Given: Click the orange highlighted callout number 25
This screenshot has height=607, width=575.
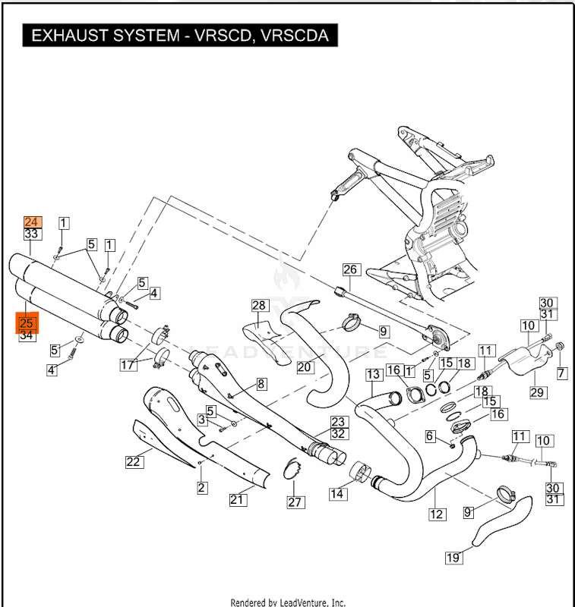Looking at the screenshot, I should [27, 324].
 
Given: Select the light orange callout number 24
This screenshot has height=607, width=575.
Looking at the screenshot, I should [31, 222].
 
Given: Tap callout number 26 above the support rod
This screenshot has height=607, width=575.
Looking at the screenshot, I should [349, 269].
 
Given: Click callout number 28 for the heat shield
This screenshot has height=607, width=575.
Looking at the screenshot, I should [260, 306].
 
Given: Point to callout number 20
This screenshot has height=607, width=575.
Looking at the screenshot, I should [305, 367].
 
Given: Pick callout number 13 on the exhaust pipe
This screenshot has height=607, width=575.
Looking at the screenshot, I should [373, 375].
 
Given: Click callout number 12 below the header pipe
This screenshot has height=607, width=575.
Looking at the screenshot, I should [436, 514].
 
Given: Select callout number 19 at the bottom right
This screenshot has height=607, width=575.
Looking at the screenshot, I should [453, 558].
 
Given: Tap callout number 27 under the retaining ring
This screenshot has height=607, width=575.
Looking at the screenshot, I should [295, 502].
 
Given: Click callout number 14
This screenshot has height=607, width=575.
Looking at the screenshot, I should [336, 494].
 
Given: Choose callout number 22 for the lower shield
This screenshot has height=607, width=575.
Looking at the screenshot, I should [134, 461].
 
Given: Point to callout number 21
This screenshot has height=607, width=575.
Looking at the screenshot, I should [238, 499].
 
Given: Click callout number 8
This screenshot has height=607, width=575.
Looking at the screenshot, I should [261, 385].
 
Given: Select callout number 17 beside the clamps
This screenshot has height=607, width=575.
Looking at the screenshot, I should [128, 365].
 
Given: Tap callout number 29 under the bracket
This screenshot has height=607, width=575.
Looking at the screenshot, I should [538, 392].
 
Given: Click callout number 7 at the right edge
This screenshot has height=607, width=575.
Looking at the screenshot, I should [562, 373].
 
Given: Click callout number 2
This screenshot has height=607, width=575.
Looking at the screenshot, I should [202, 488].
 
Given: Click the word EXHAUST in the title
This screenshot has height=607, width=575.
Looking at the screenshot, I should [70, 36].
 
